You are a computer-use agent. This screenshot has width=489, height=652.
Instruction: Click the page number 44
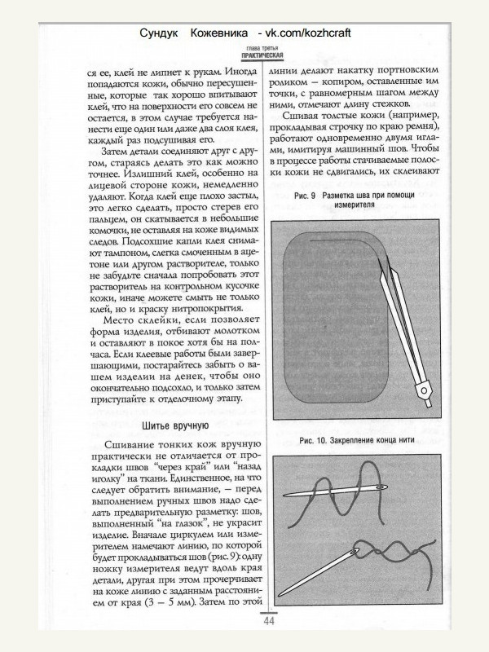(x=269, y=621)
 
